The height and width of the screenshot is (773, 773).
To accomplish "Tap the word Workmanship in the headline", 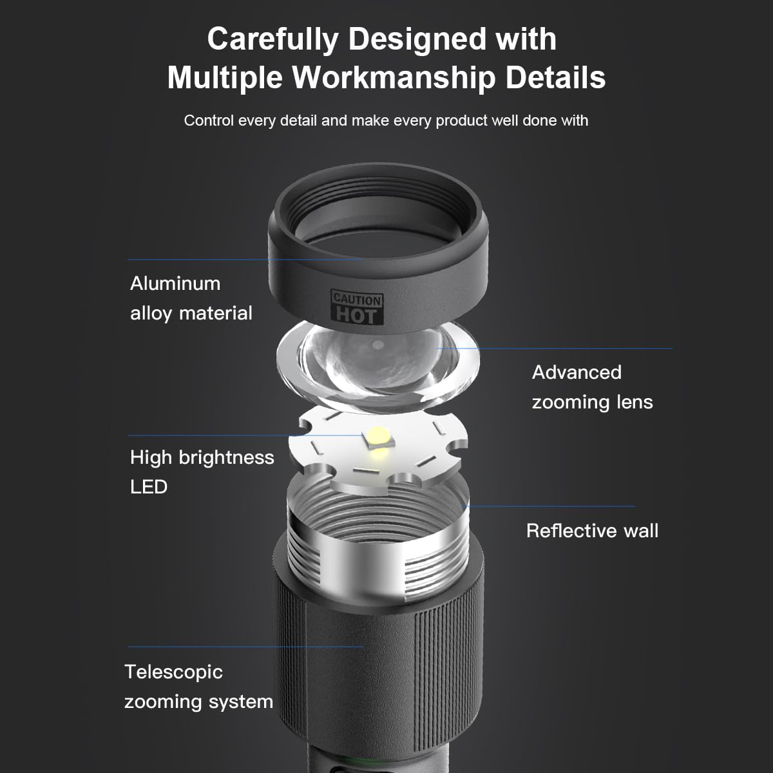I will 394,78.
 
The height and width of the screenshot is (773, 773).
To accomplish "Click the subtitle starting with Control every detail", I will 386,120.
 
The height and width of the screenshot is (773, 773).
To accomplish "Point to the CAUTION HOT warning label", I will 358,308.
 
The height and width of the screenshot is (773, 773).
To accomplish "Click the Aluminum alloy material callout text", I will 191,298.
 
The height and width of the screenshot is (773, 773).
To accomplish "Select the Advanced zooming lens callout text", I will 592,387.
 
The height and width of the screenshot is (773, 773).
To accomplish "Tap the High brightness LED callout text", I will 202,472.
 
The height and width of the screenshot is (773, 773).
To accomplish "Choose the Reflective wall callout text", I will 592,531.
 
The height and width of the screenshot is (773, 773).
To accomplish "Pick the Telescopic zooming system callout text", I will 198,687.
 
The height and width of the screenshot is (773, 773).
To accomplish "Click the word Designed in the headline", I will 426,39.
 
